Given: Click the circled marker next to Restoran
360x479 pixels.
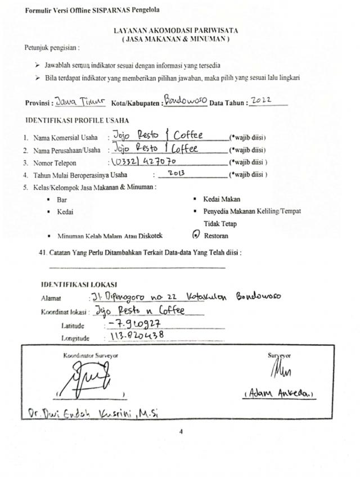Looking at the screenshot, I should pos(195,236).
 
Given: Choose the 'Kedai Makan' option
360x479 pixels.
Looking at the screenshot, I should pos(222,199).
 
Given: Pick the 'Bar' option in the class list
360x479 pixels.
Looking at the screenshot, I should pos(62,200).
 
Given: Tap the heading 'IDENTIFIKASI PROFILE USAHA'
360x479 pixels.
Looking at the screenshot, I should pos(77,121).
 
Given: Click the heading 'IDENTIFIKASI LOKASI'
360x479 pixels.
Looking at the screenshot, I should pos(78,284).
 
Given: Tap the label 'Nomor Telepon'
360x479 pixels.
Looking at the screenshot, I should pos(55,163).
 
